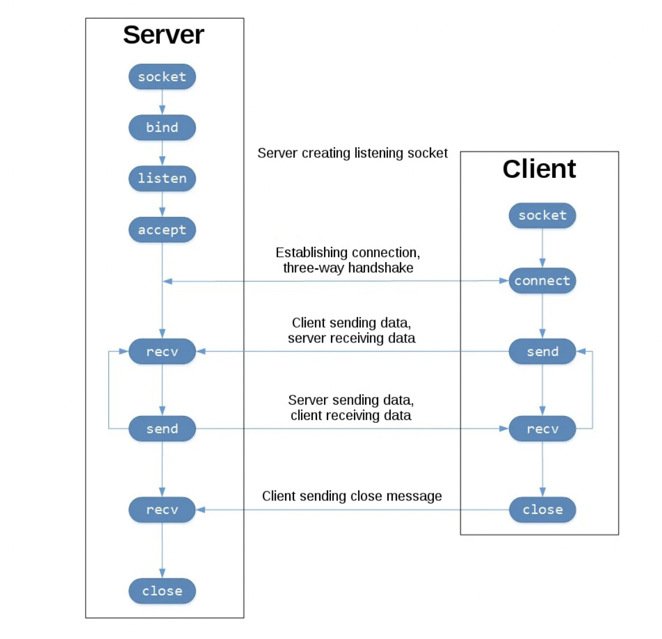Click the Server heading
(x=163, y=35)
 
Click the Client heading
(x=539, y=169)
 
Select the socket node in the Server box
(x=162, y=77)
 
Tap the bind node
(x=162, y=127)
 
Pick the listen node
(x=162, y=179)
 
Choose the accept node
(x=162, y=230)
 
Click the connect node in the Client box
(x=542, y=281)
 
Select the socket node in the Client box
(x=542, y=216)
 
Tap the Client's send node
(x=542, y=352)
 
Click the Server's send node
(x=162, y=429)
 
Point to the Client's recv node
(x=542, y=429)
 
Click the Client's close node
(x=542, y=510)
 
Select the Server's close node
(x=162, y=591)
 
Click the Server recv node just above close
(x=162, y=510)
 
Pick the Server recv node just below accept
(x=162, y=352)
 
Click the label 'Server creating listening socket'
(x=352, y=153)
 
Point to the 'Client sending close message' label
(x=352, y=496)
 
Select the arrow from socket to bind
(x=162, y=102)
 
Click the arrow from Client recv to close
(x=542, y=469)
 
